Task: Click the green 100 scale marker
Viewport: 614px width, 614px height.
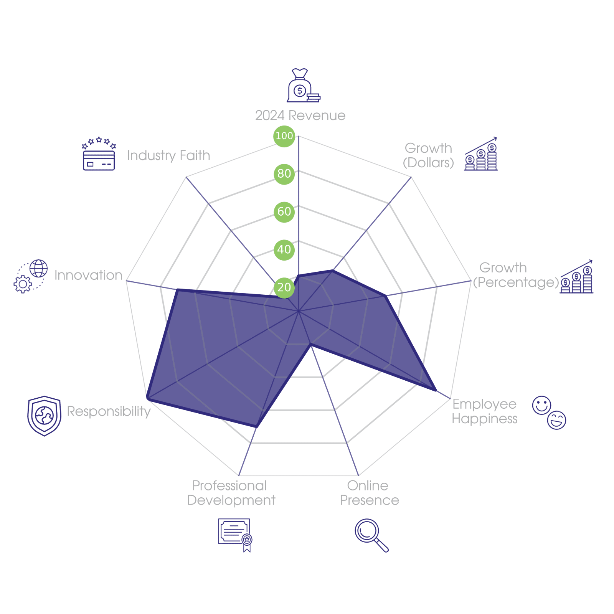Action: click(284, 136)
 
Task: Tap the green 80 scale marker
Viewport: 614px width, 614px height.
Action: click(284, 173)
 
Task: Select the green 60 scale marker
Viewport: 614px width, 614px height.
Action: click(284, 211)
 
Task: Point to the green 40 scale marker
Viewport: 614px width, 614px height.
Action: click(284, 249)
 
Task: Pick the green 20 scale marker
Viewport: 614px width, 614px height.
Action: click(284, 287)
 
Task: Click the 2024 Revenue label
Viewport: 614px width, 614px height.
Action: click(300, 116)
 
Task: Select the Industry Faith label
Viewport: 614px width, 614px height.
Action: click(168, 155)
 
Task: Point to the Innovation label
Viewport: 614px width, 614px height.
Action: click(88, 275)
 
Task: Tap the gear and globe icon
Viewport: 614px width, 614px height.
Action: click(31, 276)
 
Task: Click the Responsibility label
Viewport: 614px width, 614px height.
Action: click(109, 411)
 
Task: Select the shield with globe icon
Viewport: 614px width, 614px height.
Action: click(44, 416)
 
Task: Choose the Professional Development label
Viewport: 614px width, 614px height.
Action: click(231, 493)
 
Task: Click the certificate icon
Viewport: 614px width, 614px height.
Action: click(235, 535)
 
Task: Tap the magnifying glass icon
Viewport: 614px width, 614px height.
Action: click(371, 535)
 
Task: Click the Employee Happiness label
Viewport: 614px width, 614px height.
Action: click(484, 411)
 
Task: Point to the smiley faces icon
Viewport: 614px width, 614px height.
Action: click(549, 413)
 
